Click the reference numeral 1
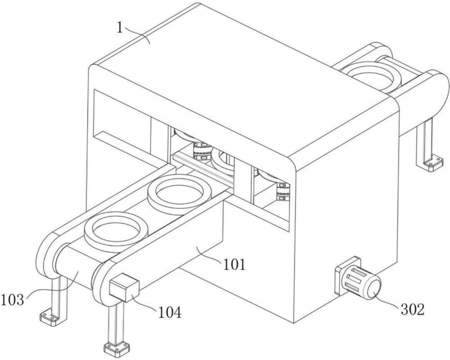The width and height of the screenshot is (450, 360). (120, 27)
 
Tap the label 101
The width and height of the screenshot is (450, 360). (235, 264)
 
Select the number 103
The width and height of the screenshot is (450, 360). (12, 300)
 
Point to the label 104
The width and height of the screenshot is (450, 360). (170, 312)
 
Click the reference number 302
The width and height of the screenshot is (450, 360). (412, 310)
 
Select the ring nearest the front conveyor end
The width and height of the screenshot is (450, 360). (116, 232)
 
